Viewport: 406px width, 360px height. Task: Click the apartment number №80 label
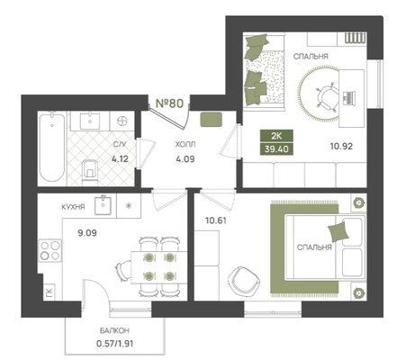point(169,103)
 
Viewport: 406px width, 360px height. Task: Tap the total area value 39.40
point(276,148)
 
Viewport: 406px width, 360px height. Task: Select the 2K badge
point(276,136)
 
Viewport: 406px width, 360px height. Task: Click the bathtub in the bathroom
point(52,147)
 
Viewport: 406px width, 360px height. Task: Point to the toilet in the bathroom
point(90,172)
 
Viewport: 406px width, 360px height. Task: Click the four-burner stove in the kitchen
point(50,250)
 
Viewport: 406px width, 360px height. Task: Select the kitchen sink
point(104,205)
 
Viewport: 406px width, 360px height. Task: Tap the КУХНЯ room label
point(73,207)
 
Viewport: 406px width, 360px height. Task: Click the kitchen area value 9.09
point(87,233)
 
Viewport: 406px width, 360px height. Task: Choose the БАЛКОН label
point(114,331)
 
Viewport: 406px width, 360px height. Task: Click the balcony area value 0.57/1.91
point(115,343)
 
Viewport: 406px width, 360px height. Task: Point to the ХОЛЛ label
point(185,144)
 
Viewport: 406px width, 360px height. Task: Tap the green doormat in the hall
point(212,119)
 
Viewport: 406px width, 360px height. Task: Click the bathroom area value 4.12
point(120,158)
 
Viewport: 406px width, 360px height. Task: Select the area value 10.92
point(341,147)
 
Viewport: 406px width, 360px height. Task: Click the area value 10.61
point(216,220)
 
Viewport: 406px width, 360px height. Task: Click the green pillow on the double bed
point(338,231)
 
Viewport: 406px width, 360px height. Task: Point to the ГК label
point(50,292)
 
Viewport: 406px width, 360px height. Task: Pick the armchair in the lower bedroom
point(244,281)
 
